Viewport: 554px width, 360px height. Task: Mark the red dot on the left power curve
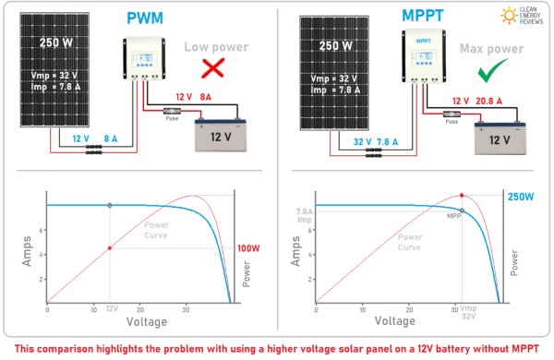110,247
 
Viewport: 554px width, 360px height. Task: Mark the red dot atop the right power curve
461,196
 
